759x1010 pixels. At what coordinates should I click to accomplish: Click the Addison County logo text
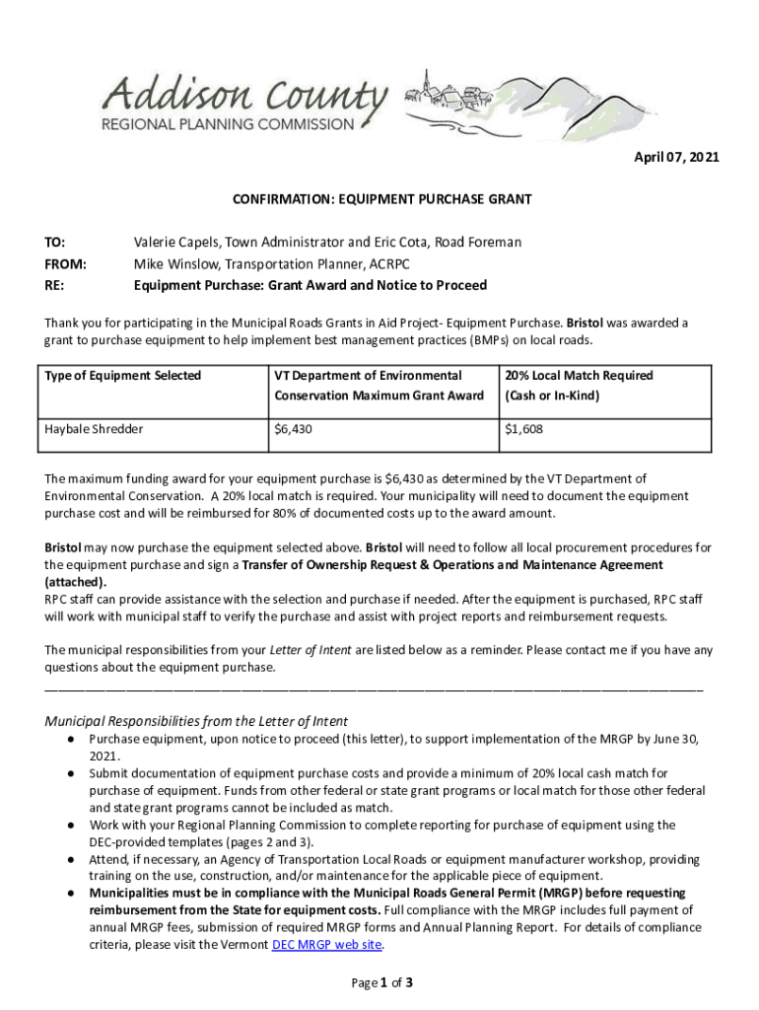[246, 97]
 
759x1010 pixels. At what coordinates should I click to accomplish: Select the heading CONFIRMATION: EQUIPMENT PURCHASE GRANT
[381, 199]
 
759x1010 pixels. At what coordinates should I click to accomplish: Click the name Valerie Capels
[173, 242]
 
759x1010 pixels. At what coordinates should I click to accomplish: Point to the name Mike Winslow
[173, 263]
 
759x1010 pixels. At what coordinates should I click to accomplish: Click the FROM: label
[65, 263]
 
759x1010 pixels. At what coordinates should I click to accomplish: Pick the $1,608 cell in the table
[523, 430]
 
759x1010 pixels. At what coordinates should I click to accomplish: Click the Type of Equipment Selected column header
[123, 375]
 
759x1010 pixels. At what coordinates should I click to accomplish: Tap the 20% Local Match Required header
[579, 375]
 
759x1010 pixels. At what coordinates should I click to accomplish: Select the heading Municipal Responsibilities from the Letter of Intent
[196, 720]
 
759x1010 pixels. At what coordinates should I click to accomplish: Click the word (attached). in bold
[76, 582]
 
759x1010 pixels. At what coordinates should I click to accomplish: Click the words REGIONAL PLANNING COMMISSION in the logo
[228, 124]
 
